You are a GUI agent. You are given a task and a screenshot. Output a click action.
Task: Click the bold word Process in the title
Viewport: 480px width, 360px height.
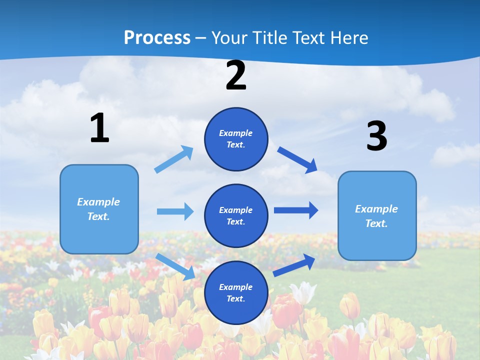tap(157, 38)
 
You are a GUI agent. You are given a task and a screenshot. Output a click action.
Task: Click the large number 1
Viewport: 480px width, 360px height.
tap(99, 128)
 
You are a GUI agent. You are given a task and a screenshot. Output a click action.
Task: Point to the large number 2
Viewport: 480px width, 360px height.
tap(236, 75)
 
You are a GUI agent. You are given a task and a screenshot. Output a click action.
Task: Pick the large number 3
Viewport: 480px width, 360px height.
tap(376, 136)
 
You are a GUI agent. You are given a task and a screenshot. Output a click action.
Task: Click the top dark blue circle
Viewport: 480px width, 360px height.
tap(236, 139)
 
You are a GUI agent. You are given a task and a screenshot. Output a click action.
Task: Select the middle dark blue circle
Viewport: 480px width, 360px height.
tap(236, 215)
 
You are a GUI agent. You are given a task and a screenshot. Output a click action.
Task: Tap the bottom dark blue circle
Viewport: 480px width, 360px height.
tap(236, 292)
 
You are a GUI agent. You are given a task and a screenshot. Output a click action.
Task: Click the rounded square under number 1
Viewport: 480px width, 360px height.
tap(99, 209)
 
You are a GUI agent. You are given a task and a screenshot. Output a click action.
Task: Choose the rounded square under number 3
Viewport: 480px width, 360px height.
tap(377, 215)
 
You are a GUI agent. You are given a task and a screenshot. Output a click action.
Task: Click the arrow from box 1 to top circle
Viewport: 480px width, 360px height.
tap(174, 159)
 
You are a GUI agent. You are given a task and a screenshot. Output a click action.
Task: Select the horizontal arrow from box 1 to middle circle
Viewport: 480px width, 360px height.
tap(175, 211)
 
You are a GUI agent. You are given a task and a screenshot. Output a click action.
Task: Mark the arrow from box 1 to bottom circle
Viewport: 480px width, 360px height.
tap(175, 266)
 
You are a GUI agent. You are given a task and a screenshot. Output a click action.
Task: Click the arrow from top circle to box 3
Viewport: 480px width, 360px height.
tap(297, 159)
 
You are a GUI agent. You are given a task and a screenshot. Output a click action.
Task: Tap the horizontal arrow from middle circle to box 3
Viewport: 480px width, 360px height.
tap(296, 210)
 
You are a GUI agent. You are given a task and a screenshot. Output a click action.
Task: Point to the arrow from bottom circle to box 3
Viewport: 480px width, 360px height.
tap(294, 265)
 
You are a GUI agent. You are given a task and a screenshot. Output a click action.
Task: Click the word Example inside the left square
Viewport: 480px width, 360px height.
tap(98, 202)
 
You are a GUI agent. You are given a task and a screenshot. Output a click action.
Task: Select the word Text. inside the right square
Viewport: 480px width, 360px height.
tap(376, 223)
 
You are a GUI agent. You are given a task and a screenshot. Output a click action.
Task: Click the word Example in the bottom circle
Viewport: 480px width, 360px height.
tap(236, 287)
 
